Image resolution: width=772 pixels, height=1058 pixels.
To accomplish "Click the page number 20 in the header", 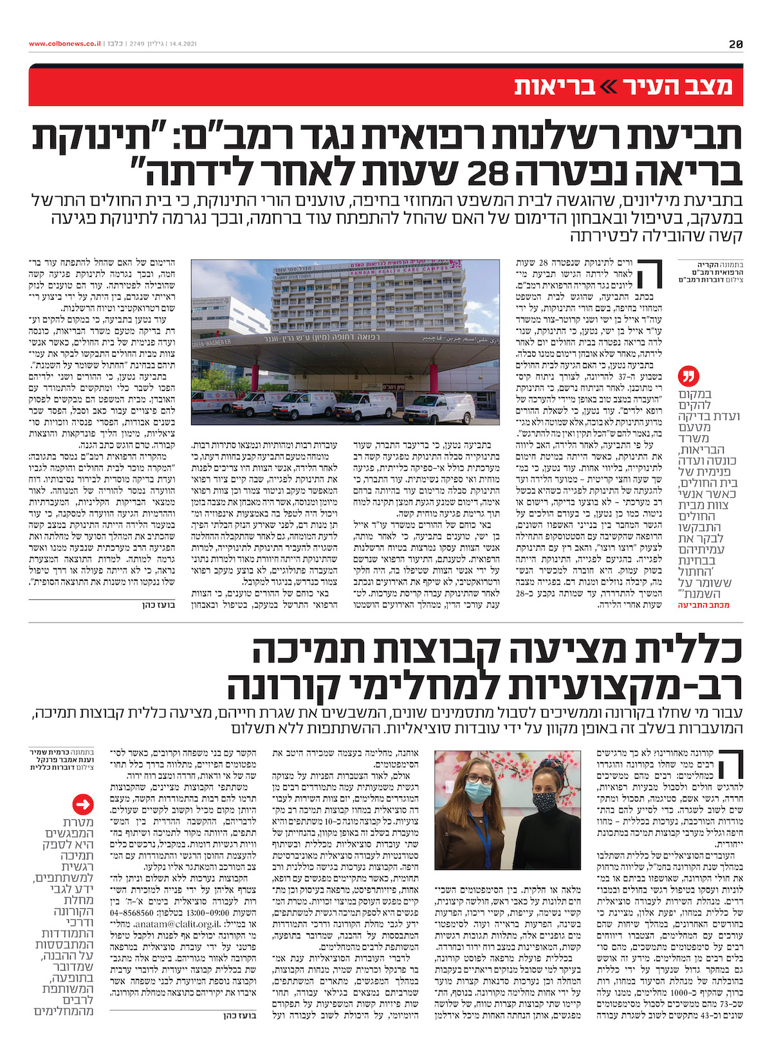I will [736, 44].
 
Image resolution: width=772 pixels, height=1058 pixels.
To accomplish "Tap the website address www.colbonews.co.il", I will [64, 44].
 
